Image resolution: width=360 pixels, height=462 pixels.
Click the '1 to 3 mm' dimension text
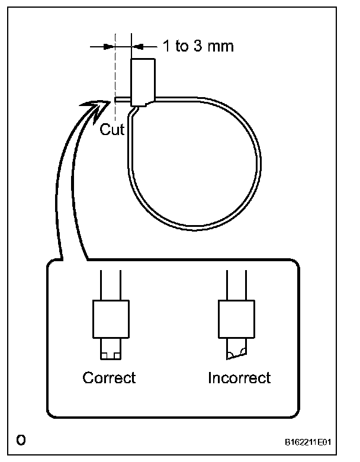(x=198, y=46)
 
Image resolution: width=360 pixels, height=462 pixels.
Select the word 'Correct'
(x=109, y=377)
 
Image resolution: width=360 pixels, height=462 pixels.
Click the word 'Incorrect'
(x=239, y=377)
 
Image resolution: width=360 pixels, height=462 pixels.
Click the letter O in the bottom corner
(x=21, y=439)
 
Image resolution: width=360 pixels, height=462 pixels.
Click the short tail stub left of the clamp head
(x=123, y=100)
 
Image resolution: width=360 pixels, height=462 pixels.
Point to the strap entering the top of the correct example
(x=110, y=284)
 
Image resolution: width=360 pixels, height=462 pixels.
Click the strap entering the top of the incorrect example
(x=237, y=284)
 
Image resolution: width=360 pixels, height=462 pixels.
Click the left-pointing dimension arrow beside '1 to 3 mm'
(x=140, y=46)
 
